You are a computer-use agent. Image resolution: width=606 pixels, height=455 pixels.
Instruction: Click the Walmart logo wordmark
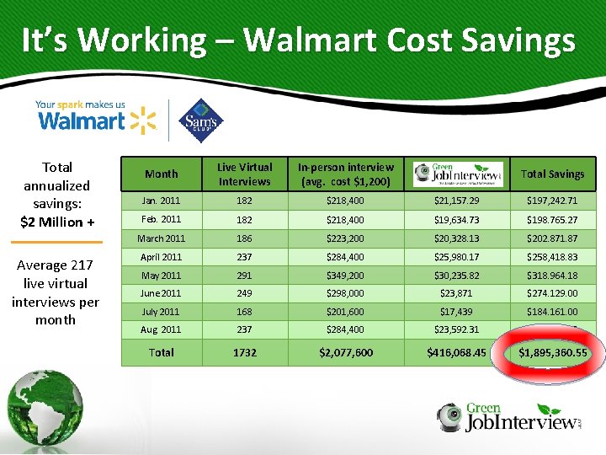(x=82, y=120)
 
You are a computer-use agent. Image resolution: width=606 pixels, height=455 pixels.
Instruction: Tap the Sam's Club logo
(x=202, y=120)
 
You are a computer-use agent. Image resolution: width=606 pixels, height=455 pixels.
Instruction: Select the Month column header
(x=161, y=174)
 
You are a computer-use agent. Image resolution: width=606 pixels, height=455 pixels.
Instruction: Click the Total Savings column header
(x=552, y=174)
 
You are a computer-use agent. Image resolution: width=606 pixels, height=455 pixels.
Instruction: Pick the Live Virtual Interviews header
(x=244, y=174)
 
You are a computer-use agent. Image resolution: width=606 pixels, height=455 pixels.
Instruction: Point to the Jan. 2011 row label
(x=161, y=201)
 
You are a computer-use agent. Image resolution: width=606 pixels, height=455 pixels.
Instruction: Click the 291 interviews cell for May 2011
(x=244, y=275)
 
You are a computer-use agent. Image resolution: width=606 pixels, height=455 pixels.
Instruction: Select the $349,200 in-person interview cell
(x=346, y=275)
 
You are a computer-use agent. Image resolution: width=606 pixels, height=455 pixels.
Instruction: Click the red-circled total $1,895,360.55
(x=552, y=351)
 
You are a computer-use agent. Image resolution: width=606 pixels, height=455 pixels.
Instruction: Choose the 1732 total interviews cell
(x=244, y=351)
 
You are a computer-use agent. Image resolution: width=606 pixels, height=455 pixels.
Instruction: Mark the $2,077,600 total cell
(x=346, y=351)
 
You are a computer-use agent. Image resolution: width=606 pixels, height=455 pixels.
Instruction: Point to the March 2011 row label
(x=161, y=238)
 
